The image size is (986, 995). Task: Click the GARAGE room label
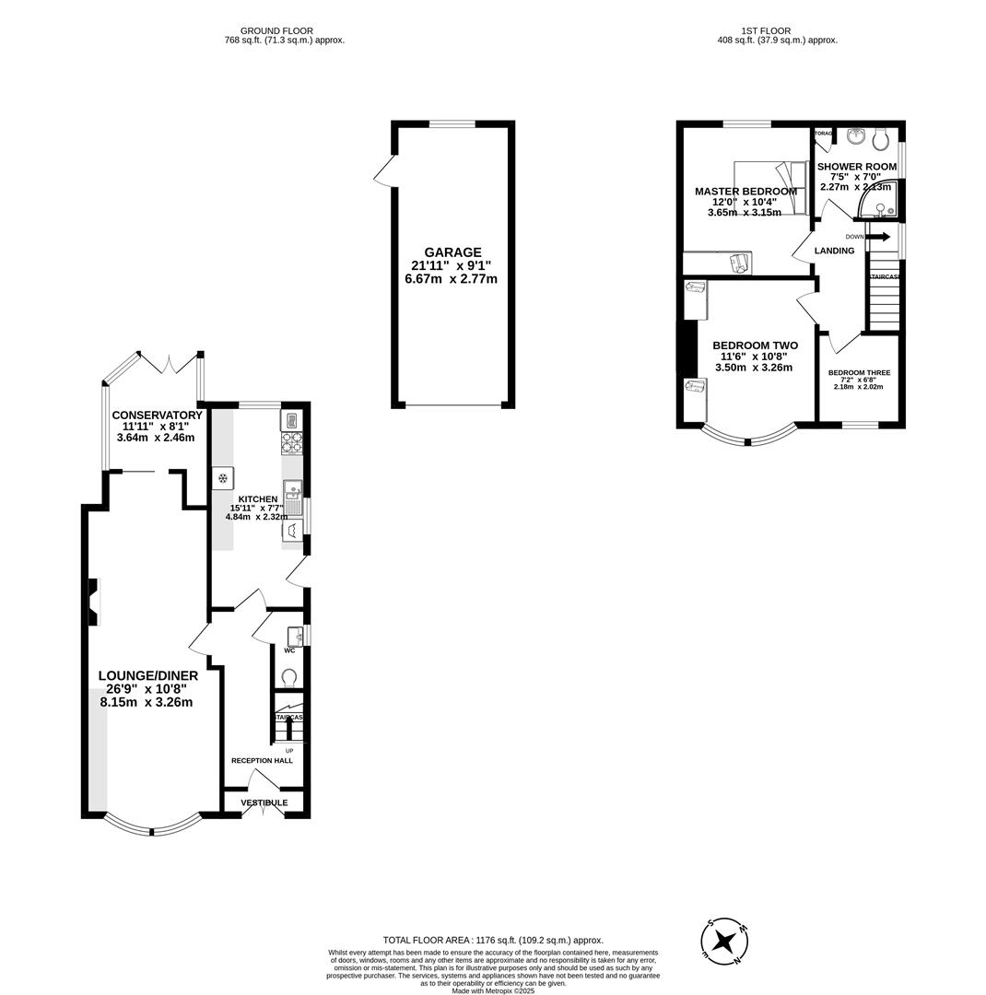tap(452, 252)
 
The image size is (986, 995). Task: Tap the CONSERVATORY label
tap(157, 416)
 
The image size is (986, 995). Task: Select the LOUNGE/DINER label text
tap(147, 676)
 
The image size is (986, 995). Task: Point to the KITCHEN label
tap(258, 499)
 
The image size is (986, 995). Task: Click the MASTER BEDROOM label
tap(745, 192)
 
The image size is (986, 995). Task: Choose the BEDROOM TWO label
tap(755, 345)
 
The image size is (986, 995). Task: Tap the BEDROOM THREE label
tap(859, 373)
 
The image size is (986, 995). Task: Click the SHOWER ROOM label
tap(856, 167)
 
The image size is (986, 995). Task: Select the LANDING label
tap(834, 251)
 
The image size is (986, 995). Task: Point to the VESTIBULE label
tap(264, 802)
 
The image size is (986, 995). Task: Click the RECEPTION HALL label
tap(262, 761)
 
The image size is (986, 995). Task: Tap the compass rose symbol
tap(726, 942)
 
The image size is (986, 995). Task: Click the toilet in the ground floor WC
tap(288, 678)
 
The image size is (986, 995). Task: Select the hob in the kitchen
tap(291, 443)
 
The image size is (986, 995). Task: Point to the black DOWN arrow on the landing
tap(877, 237)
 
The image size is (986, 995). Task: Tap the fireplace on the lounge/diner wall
tap(93, 602)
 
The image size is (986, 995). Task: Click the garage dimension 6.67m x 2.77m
tap(451, 278)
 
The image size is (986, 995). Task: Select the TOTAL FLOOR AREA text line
tap(493, 941)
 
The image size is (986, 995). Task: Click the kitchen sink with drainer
tap(292, 498)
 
